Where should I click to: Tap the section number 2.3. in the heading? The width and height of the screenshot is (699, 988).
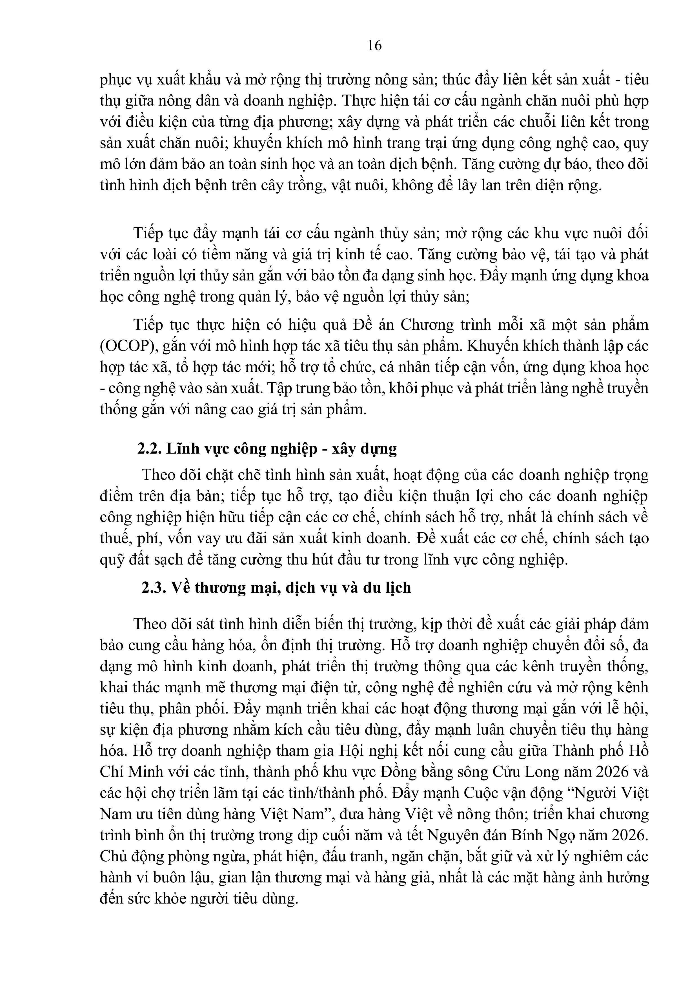click(154, 588)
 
